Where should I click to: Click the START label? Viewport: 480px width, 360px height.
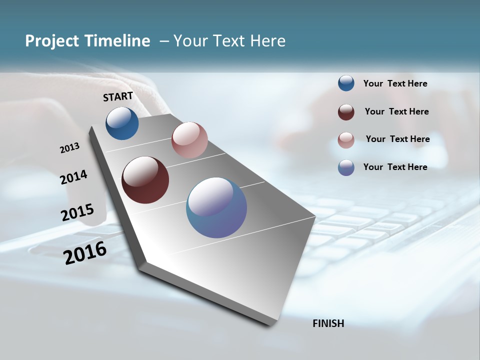118,96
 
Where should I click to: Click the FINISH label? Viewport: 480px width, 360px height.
328,323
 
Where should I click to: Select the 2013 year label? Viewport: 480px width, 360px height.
69,148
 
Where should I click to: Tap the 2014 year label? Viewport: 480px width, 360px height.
73,177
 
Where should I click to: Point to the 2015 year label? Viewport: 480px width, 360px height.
77,212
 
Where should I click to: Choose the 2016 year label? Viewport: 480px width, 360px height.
85,252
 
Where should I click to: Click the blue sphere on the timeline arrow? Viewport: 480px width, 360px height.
122,123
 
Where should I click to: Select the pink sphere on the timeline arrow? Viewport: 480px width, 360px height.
189,140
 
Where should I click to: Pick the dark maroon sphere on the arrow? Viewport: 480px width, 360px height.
145,180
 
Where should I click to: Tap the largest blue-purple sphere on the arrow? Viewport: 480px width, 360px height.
216,207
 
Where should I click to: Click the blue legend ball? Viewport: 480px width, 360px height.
346,83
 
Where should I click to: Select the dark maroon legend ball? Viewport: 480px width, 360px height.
346,112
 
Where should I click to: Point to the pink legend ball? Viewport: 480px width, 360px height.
346,140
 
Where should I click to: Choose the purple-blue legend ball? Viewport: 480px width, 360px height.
346,167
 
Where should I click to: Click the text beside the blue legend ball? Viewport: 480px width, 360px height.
395,83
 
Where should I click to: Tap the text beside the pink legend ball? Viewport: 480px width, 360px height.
397,139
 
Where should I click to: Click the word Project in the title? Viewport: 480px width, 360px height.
53,41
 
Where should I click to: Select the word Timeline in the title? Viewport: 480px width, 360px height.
118,41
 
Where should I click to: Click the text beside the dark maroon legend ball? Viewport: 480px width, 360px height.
396,111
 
